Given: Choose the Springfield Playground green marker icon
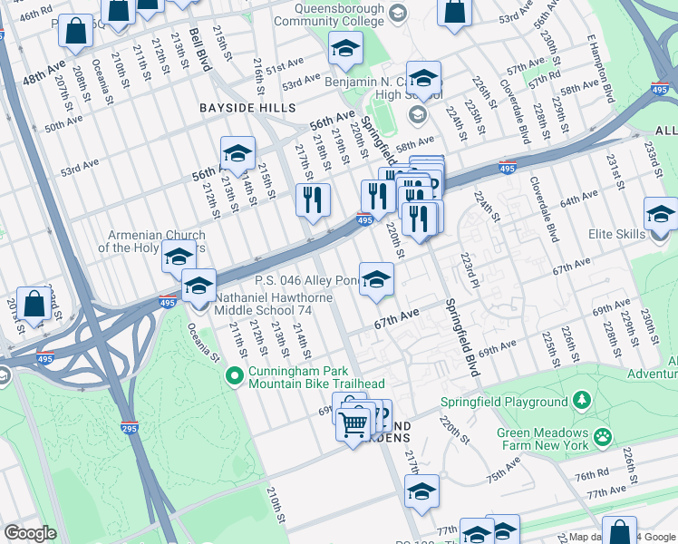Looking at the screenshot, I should [580, 401].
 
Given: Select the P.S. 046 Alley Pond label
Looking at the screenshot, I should [306, 280].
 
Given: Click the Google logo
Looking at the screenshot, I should [31, 533].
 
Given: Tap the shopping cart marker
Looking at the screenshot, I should [353, 422].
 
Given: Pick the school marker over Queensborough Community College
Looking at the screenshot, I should [344, 49].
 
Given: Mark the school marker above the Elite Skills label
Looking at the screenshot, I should [662, 216].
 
